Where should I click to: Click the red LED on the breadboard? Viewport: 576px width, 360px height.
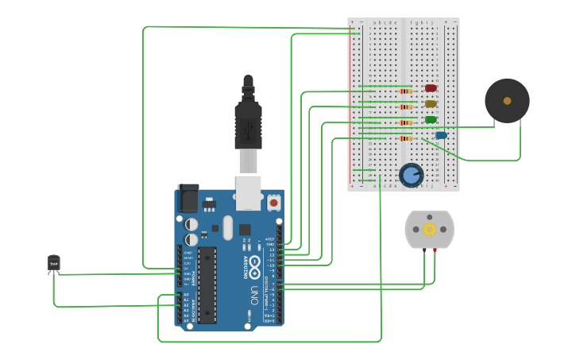pos(431,88)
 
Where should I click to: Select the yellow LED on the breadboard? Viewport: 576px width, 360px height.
pos(431,103)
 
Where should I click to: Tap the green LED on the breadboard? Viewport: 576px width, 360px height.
pos(431,119)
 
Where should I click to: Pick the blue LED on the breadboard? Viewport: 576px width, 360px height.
pos(441,135)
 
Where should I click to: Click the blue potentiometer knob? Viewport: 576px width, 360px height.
pos(411,175)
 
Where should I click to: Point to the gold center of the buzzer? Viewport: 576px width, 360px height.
pos(507,101)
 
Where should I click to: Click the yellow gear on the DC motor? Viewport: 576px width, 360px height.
pos(430,230)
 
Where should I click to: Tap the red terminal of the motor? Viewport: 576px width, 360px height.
pos(435,250)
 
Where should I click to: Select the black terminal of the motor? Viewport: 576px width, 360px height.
pos(423,250)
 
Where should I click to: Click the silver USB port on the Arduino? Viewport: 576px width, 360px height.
pos(249,192)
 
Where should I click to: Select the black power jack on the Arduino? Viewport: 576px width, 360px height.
pos(188,198)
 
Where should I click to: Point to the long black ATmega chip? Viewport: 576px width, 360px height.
pos(207,285)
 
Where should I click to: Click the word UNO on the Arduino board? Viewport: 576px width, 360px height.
pos(254,296)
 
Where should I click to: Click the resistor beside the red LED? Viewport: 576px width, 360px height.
pos(405,91)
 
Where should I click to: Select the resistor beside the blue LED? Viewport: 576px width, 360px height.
pos(405,138)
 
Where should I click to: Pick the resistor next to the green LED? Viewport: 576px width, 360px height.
pos(405,122)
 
